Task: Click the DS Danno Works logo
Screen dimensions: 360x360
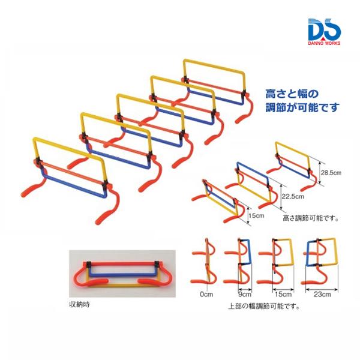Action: pyautogui.click(x=325, y=31)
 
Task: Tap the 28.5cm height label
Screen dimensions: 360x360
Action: pyautogui.click(x=331, y=173)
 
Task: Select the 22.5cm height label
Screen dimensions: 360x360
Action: pyautogui.click(x=293, y=196)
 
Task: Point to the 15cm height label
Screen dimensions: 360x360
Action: pyautogui.click(x=256, y=215)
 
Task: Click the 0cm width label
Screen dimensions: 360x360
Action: pyautogui.click(x=206, y=294)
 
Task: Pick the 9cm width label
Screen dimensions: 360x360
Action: pyautogui.click(x=245, y=294)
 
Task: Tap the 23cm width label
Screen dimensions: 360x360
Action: pyautogui.click(x=322, y=295)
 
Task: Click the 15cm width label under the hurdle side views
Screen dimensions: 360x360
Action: pyautogui.click(x=283, y=294)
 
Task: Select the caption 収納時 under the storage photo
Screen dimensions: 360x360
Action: pyautogui.click(x=79, y=305)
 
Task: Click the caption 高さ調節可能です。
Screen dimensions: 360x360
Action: pyautogui.click(x=311, y=218)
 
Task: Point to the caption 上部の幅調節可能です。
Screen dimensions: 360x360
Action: pyautogui.click(x=264, y=306)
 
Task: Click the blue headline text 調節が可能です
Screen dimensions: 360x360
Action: pyautogui.click(x=302, y=107)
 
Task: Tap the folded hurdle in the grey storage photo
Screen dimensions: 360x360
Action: pyautogui.click(x=122, y=274)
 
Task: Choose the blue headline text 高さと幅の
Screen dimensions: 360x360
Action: pyautogui.click(x=292, y=94)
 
